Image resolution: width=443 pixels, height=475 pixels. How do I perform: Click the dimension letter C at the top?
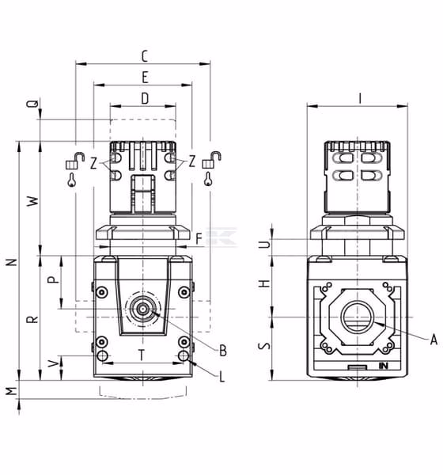coord(145,56)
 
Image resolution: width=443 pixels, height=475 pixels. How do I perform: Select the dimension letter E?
coord(145,78)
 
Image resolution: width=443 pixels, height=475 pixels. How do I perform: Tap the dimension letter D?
coord(145,98)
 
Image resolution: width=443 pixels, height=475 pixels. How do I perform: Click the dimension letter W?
coord(32,201)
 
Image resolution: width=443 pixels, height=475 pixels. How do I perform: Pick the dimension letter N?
coord(12,262)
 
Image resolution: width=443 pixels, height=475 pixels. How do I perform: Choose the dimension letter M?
coord(12,391)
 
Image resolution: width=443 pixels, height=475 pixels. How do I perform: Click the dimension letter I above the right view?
coord(360,98)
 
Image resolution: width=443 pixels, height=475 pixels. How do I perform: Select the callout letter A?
coord(434,340)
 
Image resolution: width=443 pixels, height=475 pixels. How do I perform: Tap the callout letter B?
coord(223,351)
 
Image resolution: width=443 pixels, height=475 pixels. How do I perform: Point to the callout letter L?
coord(222,377)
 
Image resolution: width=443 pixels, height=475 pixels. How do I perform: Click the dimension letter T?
coord(142,355)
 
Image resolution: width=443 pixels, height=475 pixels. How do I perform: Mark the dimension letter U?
coord(265,244)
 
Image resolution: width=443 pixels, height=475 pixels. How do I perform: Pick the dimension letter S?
coord(265,346)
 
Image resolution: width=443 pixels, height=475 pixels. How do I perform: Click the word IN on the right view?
coord(383,366)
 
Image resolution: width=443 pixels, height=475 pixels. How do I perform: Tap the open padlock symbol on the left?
coord(75,161)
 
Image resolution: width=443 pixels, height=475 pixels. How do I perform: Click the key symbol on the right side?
coord(208,179)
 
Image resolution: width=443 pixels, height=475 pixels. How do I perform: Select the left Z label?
coord(94,163)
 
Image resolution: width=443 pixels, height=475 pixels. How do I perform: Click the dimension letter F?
coord(199,239)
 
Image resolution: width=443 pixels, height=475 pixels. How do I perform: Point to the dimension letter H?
coord(265,283)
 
